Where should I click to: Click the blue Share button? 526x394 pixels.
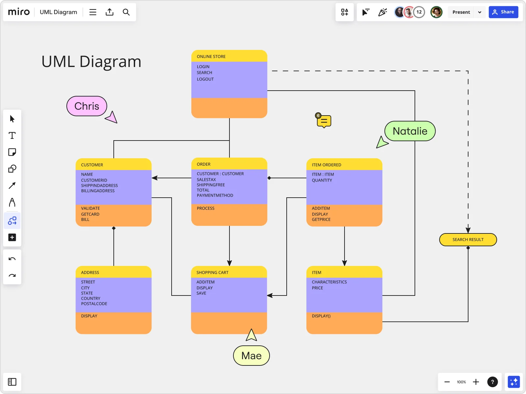503,12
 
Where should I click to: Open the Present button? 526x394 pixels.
461,12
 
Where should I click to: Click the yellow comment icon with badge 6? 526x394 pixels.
324,121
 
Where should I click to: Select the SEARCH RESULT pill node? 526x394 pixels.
468,240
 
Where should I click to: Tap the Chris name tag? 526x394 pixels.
87,106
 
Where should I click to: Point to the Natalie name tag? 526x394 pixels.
410,131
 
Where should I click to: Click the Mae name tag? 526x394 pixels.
251,356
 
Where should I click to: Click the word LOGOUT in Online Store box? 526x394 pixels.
205,79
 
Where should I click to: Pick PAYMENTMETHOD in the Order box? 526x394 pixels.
215,195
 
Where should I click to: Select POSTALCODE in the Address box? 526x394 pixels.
94,304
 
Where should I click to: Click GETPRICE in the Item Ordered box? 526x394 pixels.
321,220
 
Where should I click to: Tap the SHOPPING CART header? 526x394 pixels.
212,273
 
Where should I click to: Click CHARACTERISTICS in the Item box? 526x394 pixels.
329,282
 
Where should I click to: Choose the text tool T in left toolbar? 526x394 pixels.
12,136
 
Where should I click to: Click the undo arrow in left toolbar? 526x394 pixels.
12,259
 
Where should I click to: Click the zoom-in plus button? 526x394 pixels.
476,382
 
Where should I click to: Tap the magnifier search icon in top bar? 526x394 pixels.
126,12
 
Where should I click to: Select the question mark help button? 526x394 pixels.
492,382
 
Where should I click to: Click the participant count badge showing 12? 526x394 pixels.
419,12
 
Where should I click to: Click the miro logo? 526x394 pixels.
19,12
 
